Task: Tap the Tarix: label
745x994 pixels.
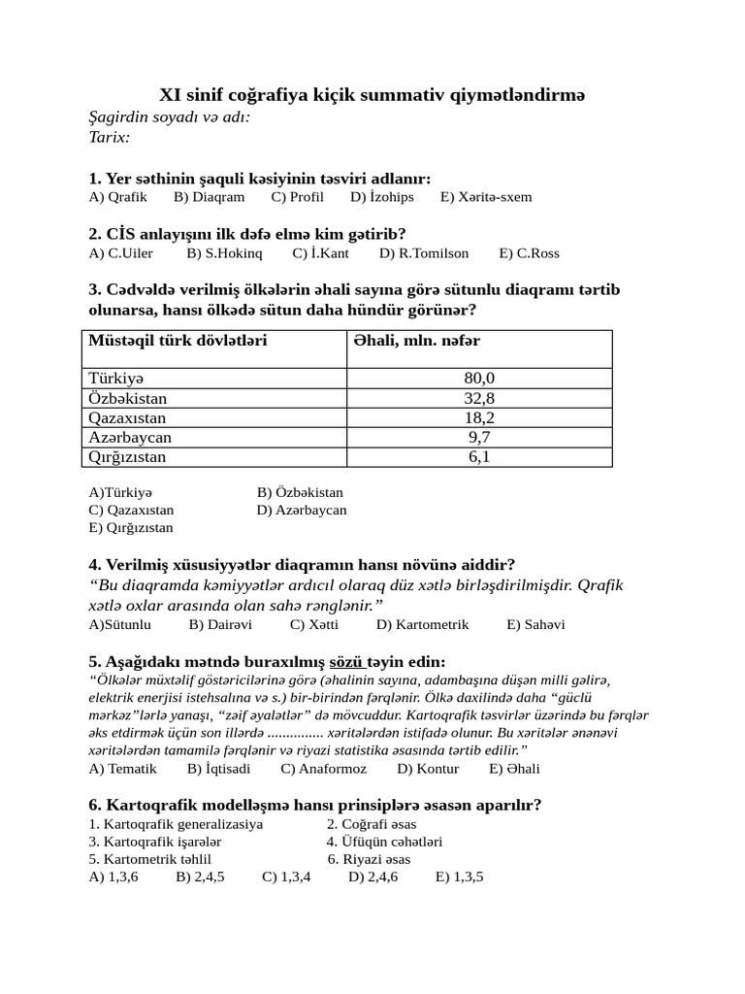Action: [x=109, y=137]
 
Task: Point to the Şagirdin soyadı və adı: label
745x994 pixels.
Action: [x=169, y=117]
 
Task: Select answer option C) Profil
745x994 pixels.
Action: [x=298, y=197]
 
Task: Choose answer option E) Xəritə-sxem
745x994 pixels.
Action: [x=486, y=197]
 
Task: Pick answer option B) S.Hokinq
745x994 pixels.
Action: [x=225, y=253]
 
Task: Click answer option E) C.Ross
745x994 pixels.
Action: [x=529, y=253]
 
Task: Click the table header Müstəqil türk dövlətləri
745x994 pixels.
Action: [x=178, y=341]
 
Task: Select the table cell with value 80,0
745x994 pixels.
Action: [x=479, y=378]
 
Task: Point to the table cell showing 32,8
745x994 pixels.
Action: [x=479, y=398]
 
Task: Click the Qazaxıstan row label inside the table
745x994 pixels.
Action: [x=127, y=417]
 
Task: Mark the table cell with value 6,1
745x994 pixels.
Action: [x=479, y=456]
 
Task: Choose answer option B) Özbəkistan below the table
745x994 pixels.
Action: [x=300, y=492]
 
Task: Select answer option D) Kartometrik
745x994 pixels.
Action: [x=422, y=625]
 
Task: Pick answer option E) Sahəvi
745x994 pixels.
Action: [x=535, y=625]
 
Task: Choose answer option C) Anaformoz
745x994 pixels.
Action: [x=324, y=769]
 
